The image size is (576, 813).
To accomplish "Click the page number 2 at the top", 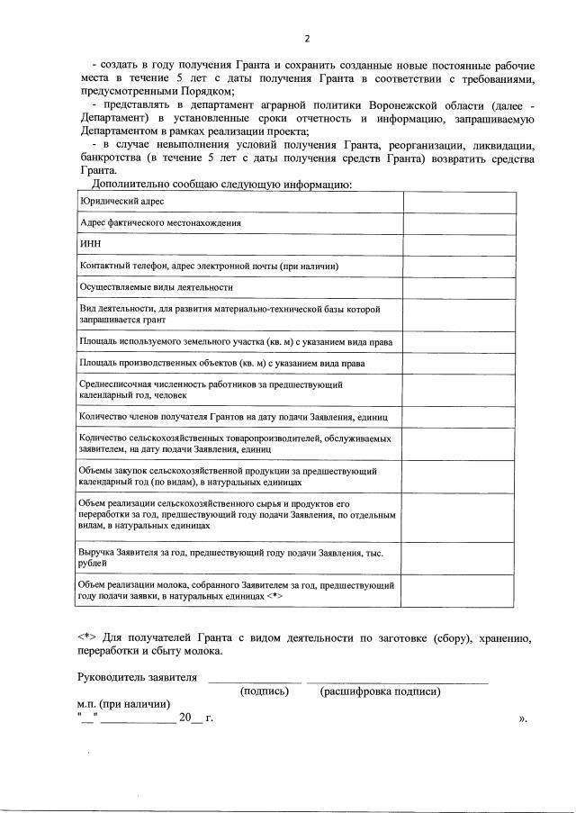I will pyautogui.click(x=306, y=38).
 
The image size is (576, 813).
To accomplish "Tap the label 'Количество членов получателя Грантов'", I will pyautogui.click(x=233, y=418).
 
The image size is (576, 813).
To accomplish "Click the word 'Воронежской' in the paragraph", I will pyautogui.click(x=438, y=104).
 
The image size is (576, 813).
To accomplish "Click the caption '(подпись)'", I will pyautogui.click(x=264, y=691).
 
